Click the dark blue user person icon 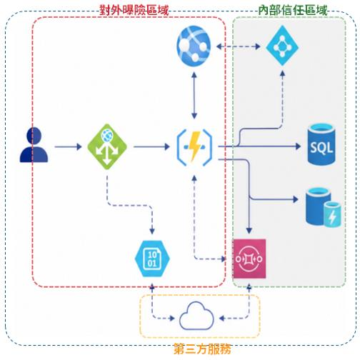(34, 145)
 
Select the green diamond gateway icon (107, 146)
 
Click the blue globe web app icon (194, 46)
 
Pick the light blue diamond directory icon (282, 46)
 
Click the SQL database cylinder (321, 144)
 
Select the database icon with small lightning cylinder (324, 207)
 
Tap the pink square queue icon (249, 259)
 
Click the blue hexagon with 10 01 (152, 259)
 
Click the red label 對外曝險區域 (134, 11)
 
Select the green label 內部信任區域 (293, 11)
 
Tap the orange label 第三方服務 (202, 349)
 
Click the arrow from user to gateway (68, 146)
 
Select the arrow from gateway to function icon (151, 146)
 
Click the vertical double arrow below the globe (194, 96)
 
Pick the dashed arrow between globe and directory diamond (239, 46)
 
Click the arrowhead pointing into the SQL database (298, 146)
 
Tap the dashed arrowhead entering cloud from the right (222, 318)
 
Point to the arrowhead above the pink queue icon (249, 230)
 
